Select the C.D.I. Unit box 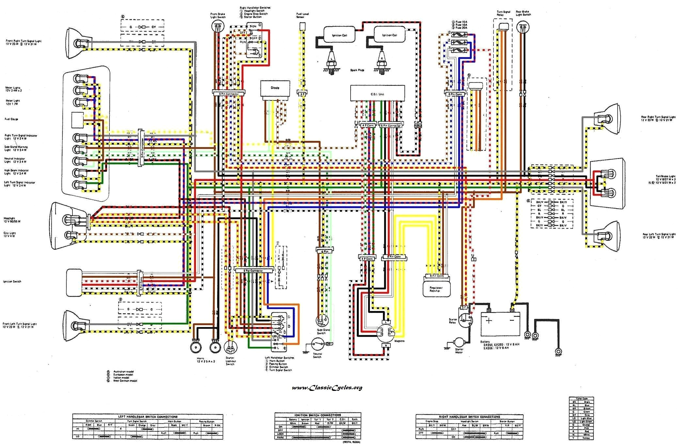click(377, 94)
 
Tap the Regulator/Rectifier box click(436, 289)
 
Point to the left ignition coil click(339, 35)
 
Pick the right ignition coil click(389, 35)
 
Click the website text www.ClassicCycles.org click(327, 388)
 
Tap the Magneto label click(399, 341)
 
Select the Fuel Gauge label click(11, 119)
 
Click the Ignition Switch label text click(12, 281)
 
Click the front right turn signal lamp click(78, 43)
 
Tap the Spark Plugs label click(357, 70)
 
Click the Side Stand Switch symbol click(322, 320)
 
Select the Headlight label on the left click(9, 218)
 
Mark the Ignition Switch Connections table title click(317, 415)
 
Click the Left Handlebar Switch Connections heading click(148, 417)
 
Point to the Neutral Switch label click(317, 355)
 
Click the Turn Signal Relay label click(503, 13)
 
